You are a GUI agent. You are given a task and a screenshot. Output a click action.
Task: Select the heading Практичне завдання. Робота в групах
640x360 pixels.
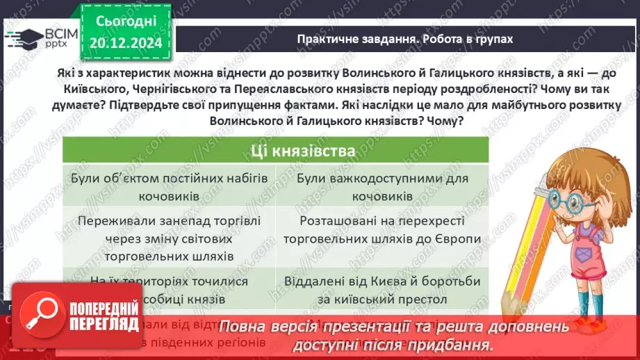coord(404,39)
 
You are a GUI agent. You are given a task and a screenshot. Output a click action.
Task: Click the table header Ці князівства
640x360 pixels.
coord(275,150)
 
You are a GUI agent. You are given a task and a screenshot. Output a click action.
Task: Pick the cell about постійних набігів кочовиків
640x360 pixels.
coord(169,187)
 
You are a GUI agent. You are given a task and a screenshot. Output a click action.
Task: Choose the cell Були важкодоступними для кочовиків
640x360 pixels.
coord(381,187)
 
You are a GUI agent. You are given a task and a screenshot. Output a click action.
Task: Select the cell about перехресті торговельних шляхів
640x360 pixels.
coord(381,230)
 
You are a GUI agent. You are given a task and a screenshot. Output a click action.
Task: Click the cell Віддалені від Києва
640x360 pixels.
coord(381,291)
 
